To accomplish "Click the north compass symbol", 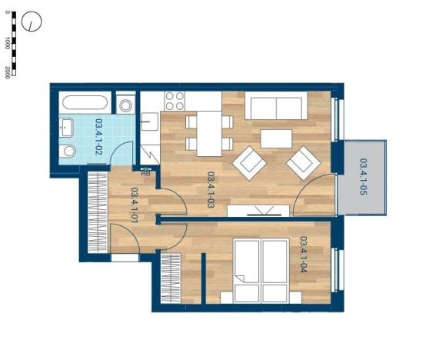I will tap(31, 22).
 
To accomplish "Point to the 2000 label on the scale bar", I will tap(7, 72).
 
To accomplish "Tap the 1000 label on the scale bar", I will tap(7, 44).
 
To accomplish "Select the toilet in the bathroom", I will tap(68, 151).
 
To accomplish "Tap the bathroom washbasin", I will tap(68, 127).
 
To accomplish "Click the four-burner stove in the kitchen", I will tap(174, 102).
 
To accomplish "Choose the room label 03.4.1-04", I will tap(303, 254).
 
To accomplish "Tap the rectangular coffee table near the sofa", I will tap(276, 138).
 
